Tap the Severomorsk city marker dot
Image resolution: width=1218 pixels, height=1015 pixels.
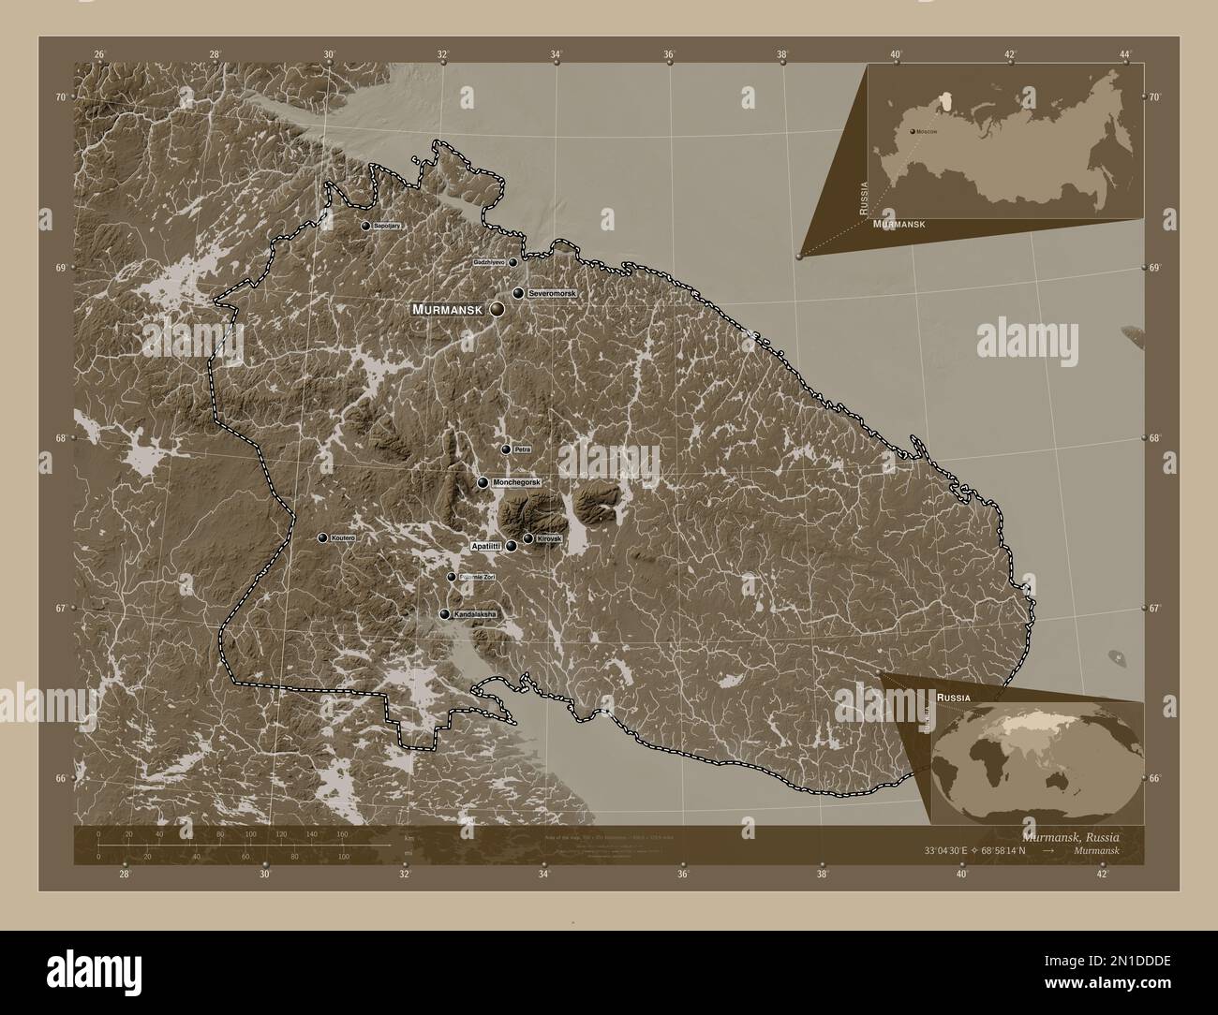(517, 293)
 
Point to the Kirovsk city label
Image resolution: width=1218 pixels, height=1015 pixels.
(548, 538)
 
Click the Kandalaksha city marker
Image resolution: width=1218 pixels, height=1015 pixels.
(444, 614)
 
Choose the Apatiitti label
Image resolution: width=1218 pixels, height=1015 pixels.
(486, 545)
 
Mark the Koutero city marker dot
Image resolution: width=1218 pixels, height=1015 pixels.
(322, 538)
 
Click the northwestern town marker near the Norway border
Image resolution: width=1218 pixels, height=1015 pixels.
(365, 226)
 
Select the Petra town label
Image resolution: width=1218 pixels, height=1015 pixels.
(523, 449)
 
